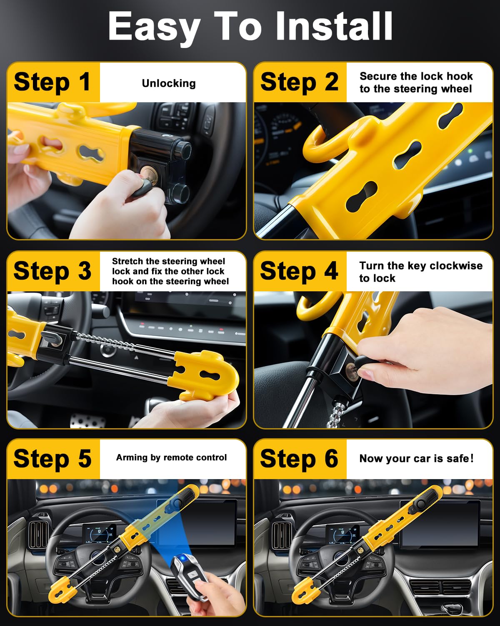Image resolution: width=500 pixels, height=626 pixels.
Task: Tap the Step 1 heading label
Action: (52, 82)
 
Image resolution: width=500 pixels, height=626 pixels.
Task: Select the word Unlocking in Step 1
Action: (168, 83)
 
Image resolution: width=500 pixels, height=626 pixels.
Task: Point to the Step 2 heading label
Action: (299, 82)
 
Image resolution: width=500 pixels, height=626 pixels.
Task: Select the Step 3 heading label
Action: (52, 271)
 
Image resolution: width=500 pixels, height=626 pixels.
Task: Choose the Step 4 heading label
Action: (299, 271)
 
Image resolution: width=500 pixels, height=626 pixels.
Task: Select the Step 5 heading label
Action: (52, 459)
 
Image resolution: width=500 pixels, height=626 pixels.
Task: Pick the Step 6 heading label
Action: (299, 459)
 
